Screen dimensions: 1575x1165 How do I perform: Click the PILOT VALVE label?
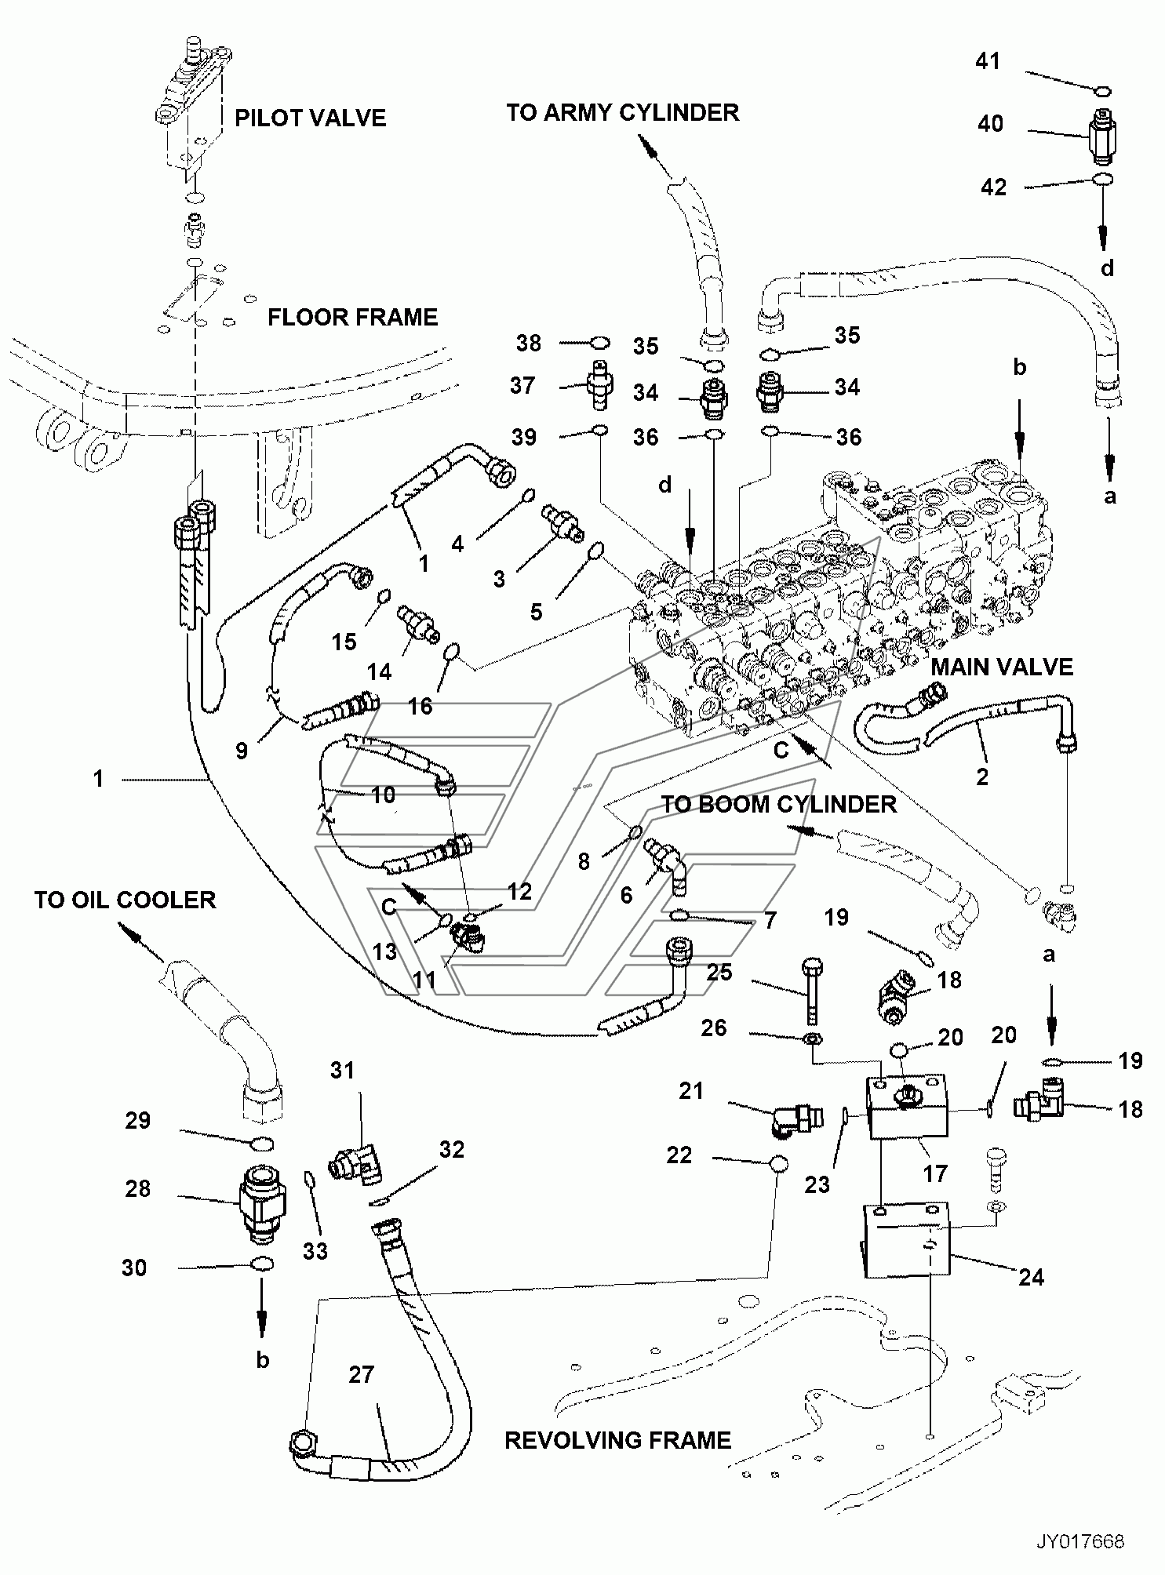tap(310, 118)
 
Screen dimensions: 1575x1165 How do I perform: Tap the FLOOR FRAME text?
tap(352, 318)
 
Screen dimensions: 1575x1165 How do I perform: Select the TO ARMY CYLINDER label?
tap(622, 113)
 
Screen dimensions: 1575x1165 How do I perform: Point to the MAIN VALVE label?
tap(1002, 667)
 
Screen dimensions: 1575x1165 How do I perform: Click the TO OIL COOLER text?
tap(125, 900)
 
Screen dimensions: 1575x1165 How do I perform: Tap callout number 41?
tap(988, 60)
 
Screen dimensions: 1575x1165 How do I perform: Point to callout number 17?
tap(936, 1173)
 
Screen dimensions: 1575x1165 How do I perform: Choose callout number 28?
tap(137, 1188)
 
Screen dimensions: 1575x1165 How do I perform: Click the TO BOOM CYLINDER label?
tap(778, 805)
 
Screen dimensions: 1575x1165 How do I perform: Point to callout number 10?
tap(383, 795)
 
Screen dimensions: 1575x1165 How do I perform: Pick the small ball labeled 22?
tap(777, 1164)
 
